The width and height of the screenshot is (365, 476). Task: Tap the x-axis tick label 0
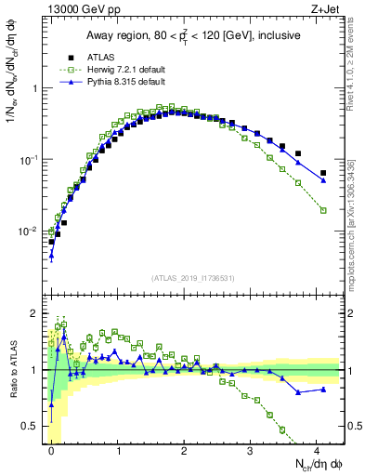click(x=52, y=450)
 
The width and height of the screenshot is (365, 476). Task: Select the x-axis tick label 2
click(x=184, y=450)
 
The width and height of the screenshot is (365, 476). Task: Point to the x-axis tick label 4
click(x=317, y=450)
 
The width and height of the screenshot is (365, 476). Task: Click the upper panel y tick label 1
click(x=37, y=88)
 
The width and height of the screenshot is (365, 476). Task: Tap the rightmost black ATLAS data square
click(x=323, y=173)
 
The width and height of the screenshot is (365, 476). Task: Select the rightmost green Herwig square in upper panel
click(x=323, y=211)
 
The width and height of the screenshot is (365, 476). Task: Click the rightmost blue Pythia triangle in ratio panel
click(x=323, y=389)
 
